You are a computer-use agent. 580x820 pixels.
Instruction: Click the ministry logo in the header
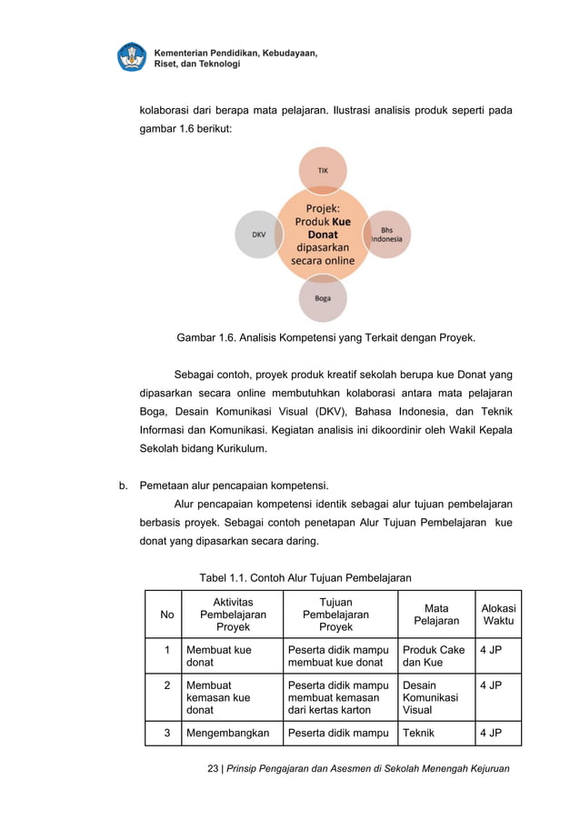pos(132,57)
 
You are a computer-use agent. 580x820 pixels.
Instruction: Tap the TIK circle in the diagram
pos(323,170)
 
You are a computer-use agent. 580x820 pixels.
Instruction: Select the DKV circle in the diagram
pos(259,235)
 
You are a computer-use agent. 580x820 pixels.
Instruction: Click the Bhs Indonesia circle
pos(387,235)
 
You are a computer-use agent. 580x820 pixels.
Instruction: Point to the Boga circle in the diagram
pos(323,297)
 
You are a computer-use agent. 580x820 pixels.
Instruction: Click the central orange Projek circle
pos(323,235)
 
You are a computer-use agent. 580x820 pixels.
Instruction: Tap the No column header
pos(166,615)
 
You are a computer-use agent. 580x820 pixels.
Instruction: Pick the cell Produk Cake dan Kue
pos(434,656)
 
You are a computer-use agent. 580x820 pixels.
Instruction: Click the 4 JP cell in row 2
pos(491,685)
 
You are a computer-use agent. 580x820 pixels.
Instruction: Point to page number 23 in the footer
pos(214,769)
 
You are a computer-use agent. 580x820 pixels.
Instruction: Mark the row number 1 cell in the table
pos(166,650)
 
